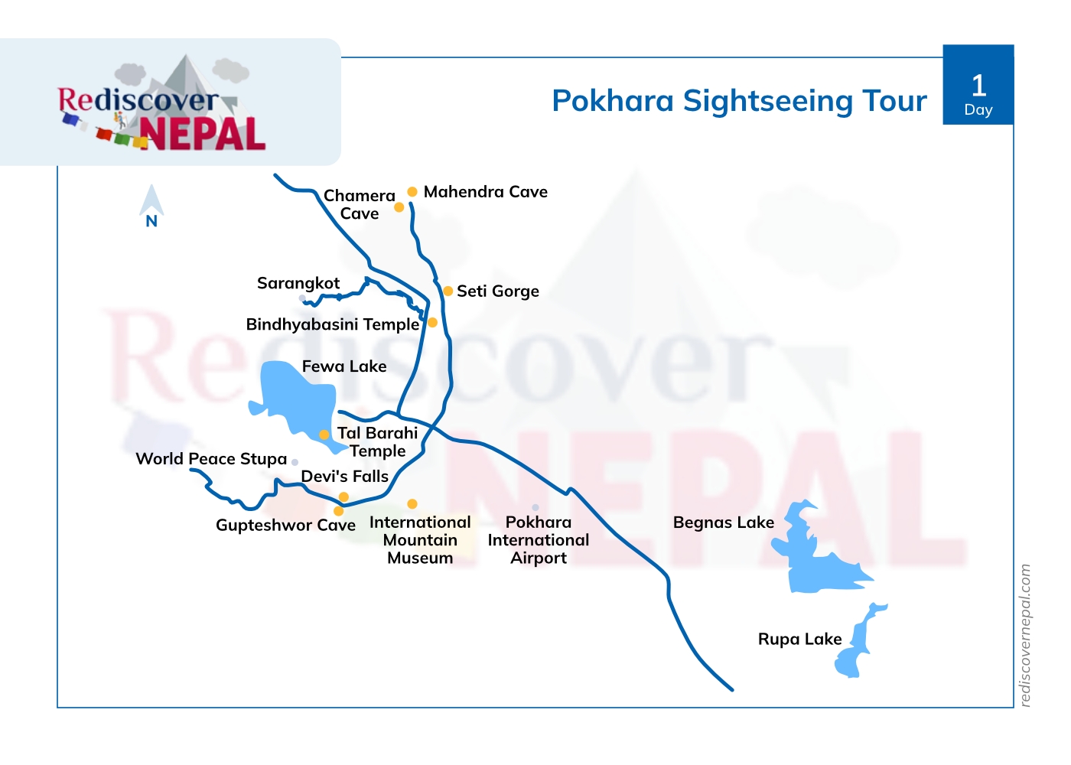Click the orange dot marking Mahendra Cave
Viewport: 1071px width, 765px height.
tap(412, 192)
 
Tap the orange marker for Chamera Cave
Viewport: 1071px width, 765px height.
tap(399, 207)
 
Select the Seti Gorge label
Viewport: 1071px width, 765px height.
tap(498, 291)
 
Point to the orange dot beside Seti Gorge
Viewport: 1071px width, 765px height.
tap(448, 291)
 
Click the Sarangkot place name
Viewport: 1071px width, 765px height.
tap(298, 283)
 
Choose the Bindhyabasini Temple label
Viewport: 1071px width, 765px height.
tap(333, 324)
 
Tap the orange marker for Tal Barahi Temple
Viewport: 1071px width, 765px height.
tap(324, 435)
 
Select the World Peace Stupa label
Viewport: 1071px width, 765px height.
tap(211, 459)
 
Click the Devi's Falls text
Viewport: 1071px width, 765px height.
tap(345, 477)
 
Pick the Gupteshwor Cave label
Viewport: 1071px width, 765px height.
tap(285, 526)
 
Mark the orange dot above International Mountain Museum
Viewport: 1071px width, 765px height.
tap(412, 504)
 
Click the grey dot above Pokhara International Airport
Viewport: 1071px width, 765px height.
tap(535, 507)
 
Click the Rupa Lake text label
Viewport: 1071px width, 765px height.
tap(799, 640)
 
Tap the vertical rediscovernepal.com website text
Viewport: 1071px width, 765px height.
tap(1026, 635)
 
